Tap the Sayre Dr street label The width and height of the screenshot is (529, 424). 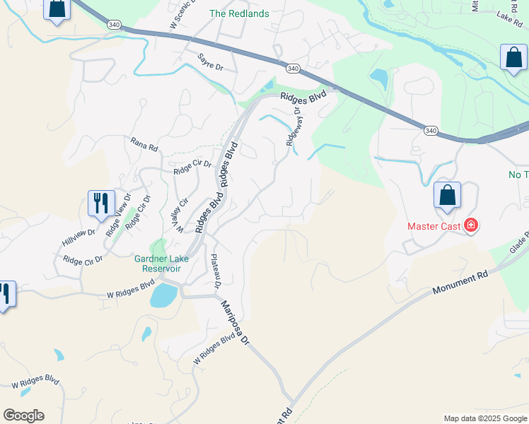[210, 61]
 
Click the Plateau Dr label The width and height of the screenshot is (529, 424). [216, 271]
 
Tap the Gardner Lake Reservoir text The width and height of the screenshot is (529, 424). [162, 263]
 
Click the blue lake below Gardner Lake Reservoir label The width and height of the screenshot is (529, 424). [164, 295]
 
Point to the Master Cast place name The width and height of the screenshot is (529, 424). [433, 227]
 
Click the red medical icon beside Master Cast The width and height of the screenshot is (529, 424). [471, 226]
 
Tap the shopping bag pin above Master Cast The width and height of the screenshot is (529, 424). [447, 196]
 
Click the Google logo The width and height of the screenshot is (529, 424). [23, 416]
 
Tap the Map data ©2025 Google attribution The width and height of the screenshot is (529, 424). [484, 418]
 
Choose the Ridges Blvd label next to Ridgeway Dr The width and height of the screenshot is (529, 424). [303, 96]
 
